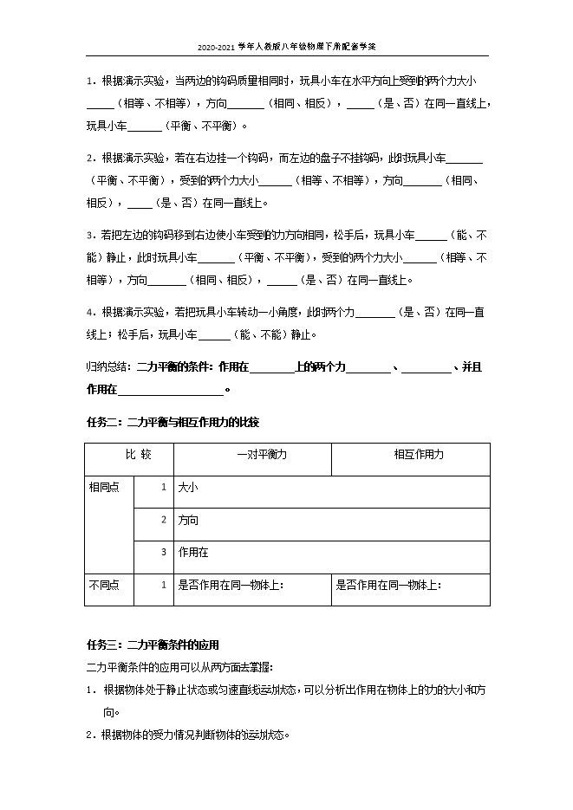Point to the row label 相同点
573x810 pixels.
pyautogui.click(x=104, y=487)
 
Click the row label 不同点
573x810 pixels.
pyautogui.click(x=104, y=585)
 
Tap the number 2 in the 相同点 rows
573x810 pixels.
pyautogui.click(x=163, y=520)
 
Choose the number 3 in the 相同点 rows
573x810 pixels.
pyautogui.click(x=163, y=551)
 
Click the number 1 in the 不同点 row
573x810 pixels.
pyautogui.click(x=163, y=585)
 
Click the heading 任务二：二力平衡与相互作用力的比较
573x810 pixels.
pyautogui.click(x=173, y=422)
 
